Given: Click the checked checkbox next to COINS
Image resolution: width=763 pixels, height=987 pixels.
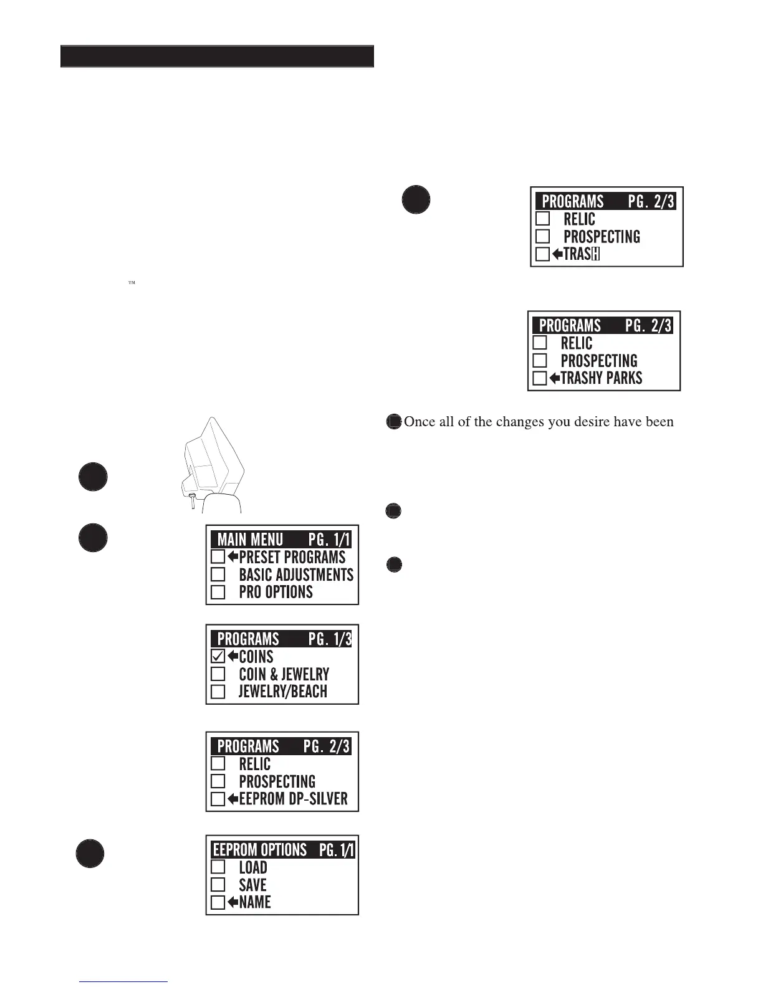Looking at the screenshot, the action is point(218,656).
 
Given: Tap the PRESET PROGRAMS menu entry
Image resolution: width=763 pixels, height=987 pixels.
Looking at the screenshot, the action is point(292,557).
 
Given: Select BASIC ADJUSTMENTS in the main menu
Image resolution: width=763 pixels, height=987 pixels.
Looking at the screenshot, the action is point(295,575).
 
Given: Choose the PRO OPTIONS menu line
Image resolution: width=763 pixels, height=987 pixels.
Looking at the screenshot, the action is point(276,592).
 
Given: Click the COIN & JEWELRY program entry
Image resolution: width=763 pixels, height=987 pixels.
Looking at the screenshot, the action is point(284,674).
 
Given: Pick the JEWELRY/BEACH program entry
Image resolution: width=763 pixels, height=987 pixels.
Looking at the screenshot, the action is point(282,692).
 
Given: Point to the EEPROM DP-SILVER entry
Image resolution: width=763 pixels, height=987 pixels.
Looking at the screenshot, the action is point(293,799).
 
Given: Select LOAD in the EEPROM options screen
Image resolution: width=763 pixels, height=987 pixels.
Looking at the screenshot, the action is point(253,867).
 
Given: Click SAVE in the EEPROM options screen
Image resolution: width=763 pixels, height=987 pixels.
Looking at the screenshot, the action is point(252,885).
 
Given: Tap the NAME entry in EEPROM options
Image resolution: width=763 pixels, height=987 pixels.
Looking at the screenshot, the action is point(255,902).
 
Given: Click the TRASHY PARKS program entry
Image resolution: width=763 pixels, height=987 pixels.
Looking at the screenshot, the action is point(601,378).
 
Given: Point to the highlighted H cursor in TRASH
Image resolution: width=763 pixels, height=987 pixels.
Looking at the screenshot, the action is point(595,254).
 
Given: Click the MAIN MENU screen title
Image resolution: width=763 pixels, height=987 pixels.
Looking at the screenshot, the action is point(250,540).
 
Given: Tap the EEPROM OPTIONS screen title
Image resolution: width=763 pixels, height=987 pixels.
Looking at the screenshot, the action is point(260,850).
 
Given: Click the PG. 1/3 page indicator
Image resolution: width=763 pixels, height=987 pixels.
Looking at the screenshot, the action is point(330,639).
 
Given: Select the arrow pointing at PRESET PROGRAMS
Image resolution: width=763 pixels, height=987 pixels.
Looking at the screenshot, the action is point(233,557).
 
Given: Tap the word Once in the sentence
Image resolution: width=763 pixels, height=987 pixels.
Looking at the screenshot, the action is point(419,422).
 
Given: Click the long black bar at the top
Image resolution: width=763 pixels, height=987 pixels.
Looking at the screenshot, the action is point(217,56).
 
